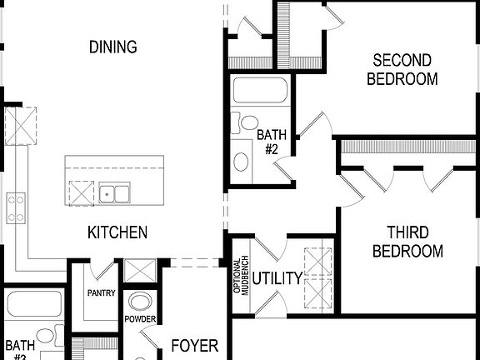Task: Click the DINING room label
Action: pyautogui.click(x=112, y=47)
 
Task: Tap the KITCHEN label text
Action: pyautogui.click(x=117, y=232)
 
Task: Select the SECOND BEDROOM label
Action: pyautogui.click(x=402, y=70)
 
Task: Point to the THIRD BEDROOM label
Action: pyautogui.click(x=407, y=241)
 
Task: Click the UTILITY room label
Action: pyautogui.click(x=277, y=278)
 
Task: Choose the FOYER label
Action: pyautogui.click(x=194, y=345)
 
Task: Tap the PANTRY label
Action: pyautogui.click(x=101, y=293)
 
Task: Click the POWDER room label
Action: pyautogui.click(x=140, y=319)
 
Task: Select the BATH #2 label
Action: pyautogui.click(x=270, y=142)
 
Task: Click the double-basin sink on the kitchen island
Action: pyautogui.click(x=114, y=194)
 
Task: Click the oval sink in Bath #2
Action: pyautogui.click(x=242, y=161)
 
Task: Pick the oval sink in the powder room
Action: pyautogui.click(x=140, y=302)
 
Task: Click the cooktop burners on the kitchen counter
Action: pyautogui.click(x=15, y=208)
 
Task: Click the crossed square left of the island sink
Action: pyautogui.click(x=80, y=192)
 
